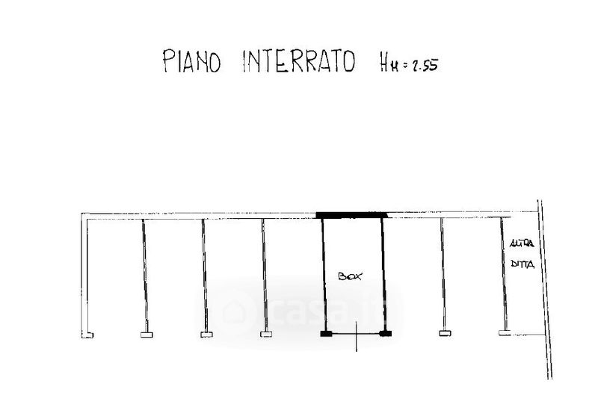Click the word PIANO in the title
pyautogui.click(x=192, y=60)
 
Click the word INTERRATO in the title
pyautogui.click(x=299, y=61)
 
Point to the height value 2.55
pyautogui.click(x=425, y=66)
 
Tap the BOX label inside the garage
pyautogui.click(x=350, y=276)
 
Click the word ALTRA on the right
pyautogui.click(x=522, y=243)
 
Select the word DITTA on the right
pyautogui.click(x=523, y=264)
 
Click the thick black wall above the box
pyautogui.click(x=352, y=215)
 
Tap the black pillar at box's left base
pyautogui.click(x=326, y=334)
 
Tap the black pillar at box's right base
pyautogui.click(x=386, y=334)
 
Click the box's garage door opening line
pyautogui.click(x=356, y=334)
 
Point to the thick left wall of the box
pyautogui.click(x=324, y=274)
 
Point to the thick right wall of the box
pyautogui.click(x=383, y=274)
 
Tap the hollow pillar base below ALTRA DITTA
pyautogui.click(x=505, y=332)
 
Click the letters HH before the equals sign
pyautogui.click(x=388, y=63)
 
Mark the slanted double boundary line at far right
pyautogui.click(x=545, y=290)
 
